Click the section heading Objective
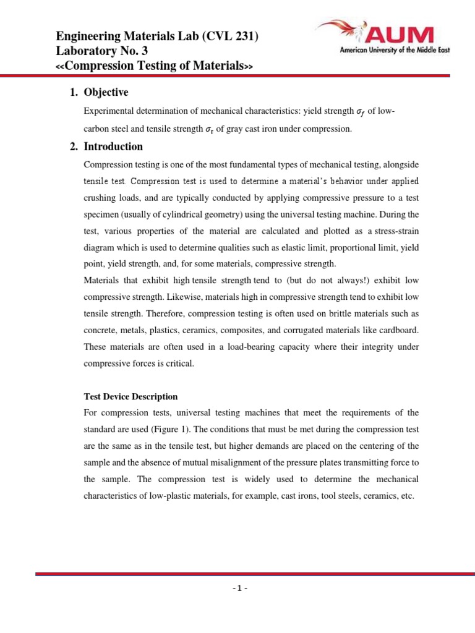tap(106, 93)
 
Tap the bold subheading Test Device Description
tap(131, 397)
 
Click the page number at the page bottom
tap(237, 588)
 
